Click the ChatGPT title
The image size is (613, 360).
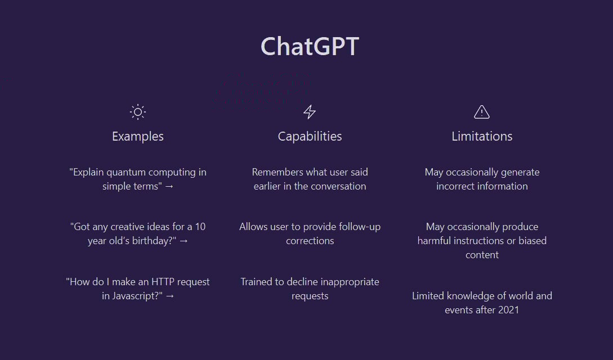pos(310,46)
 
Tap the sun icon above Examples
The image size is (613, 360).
pos(138,112)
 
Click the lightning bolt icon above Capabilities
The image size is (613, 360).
pos(310,112)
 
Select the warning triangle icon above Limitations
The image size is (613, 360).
pos(482,112)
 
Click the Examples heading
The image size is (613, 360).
pos(138,136)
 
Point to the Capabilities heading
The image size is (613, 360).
pos(310,136)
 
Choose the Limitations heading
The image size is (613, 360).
pos(482,136)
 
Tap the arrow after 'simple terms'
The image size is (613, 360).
pos(169,186)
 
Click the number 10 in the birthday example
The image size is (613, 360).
pos(200,227)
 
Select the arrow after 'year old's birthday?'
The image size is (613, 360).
pos(183,241)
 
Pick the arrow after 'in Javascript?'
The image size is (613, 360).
pos(170,296)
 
